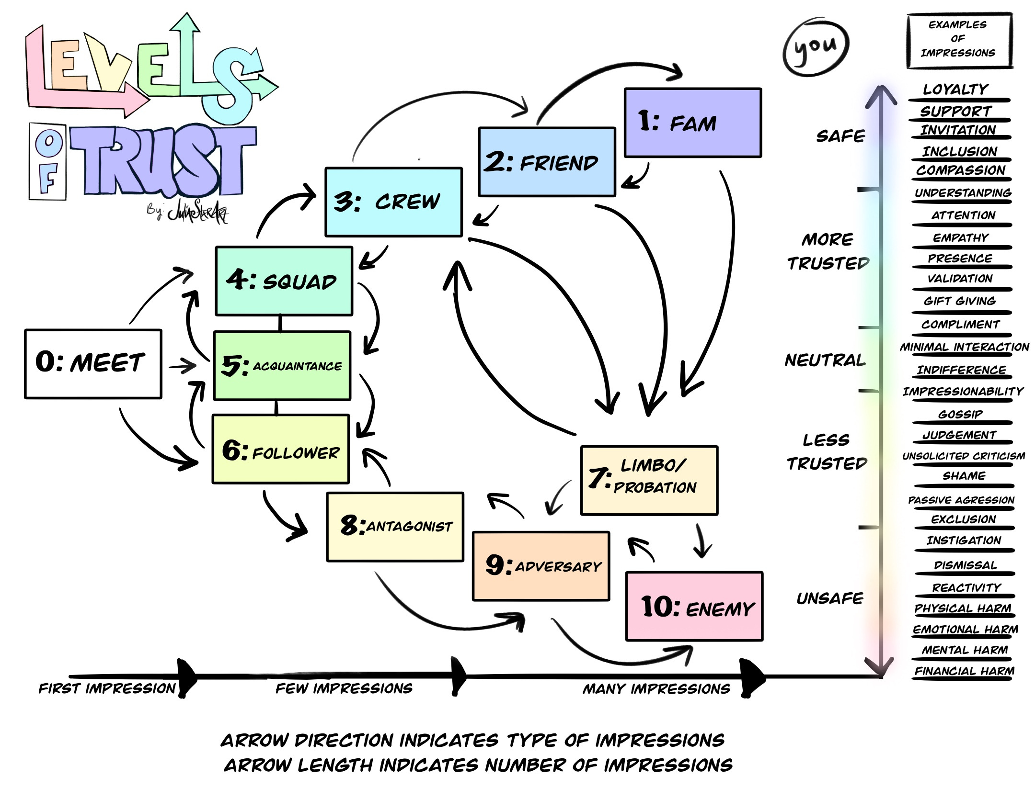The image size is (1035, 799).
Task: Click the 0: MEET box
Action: pos(93,363)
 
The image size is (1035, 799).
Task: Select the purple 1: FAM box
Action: pos(693,123)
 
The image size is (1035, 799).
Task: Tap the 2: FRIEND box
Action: pos(547,162)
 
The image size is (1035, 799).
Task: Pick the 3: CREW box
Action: pos(393,202)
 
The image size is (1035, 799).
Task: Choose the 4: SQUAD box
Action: pos(284,281)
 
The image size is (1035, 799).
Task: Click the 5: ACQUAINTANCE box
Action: pos(282,366)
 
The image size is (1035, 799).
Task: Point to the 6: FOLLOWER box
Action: pos(281,449)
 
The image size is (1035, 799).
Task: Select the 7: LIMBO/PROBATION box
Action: pos(649,480)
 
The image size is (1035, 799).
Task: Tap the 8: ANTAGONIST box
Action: pos(395,527)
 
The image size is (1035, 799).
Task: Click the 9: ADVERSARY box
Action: pos(541,566)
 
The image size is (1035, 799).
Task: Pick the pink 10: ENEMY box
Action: pos(694,606)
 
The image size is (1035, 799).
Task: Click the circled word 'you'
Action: pos(816,47)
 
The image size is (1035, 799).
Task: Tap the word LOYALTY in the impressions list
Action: pos(956,89)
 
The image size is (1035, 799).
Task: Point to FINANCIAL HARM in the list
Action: pos(965,671)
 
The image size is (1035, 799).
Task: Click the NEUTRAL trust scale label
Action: pos(825,360)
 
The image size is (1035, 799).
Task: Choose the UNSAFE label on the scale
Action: pos(830,598)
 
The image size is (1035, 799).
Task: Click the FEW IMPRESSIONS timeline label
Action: pos(344,688)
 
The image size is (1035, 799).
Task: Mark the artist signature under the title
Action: pos(188,211)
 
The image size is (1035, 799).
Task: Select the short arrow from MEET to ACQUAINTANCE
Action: pos(183,367)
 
